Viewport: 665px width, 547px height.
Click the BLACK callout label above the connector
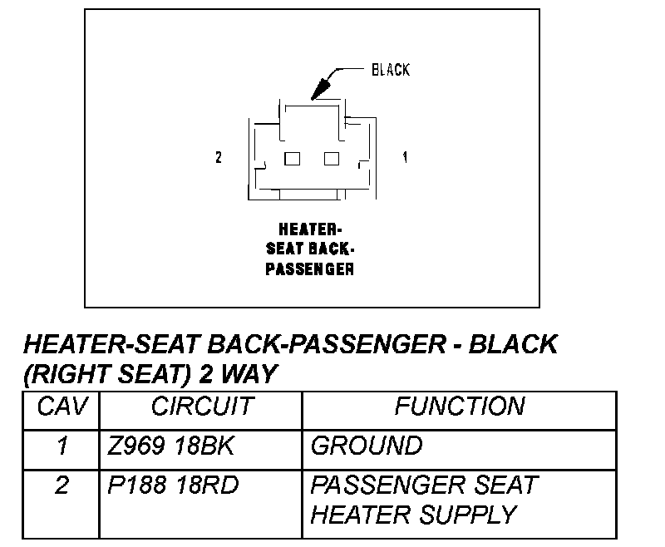[x=390, y=70]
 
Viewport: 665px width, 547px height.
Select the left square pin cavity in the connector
[x=292, y=159]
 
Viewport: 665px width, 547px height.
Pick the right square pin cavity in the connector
[x=332, y=159]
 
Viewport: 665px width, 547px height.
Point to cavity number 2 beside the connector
[x=219, y=157]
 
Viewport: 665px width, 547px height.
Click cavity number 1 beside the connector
[x=405, y=157]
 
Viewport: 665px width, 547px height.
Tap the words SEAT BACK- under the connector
[x=310, y=248]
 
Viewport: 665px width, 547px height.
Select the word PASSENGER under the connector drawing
[x=310, y=269]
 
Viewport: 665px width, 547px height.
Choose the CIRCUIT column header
[x=201, y=407]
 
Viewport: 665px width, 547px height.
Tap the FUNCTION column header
[x=459, y=407]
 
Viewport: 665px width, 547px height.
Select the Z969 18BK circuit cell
[x=172, y=446]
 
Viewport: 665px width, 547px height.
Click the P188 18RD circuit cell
[x=172, y=485]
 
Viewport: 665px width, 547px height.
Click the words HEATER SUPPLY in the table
[x=413, y=515]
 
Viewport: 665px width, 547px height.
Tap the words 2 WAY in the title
[x=238, y=375]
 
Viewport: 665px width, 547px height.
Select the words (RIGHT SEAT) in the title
[x=106, y=375]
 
